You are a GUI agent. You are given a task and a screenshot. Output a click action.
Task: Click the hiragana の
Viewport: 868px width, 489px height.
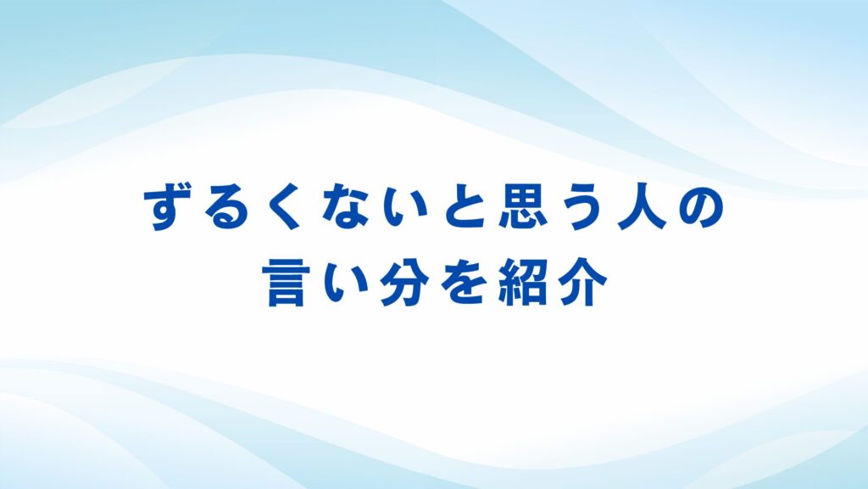[x=701, y=209]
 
